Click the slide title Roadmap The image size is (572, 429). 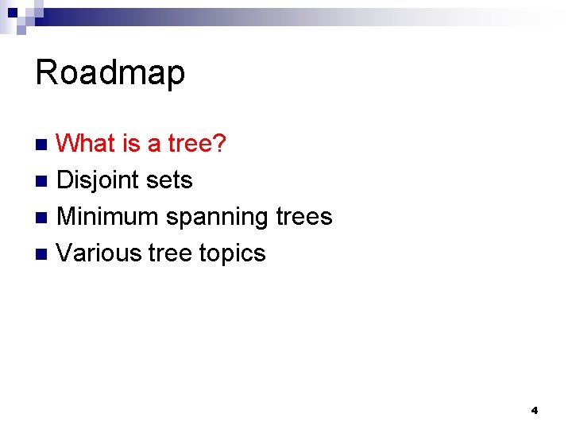point(110,73)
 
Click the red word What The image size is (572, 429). point(87,144)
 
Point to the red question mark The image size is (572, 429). point(220,144)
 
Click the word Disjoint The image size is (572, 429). point(94,180)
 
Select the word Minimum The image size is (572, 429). point(108,216)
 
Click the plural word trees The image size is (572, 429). point(304,216)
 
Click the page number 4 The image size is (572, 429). point(534,410)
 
